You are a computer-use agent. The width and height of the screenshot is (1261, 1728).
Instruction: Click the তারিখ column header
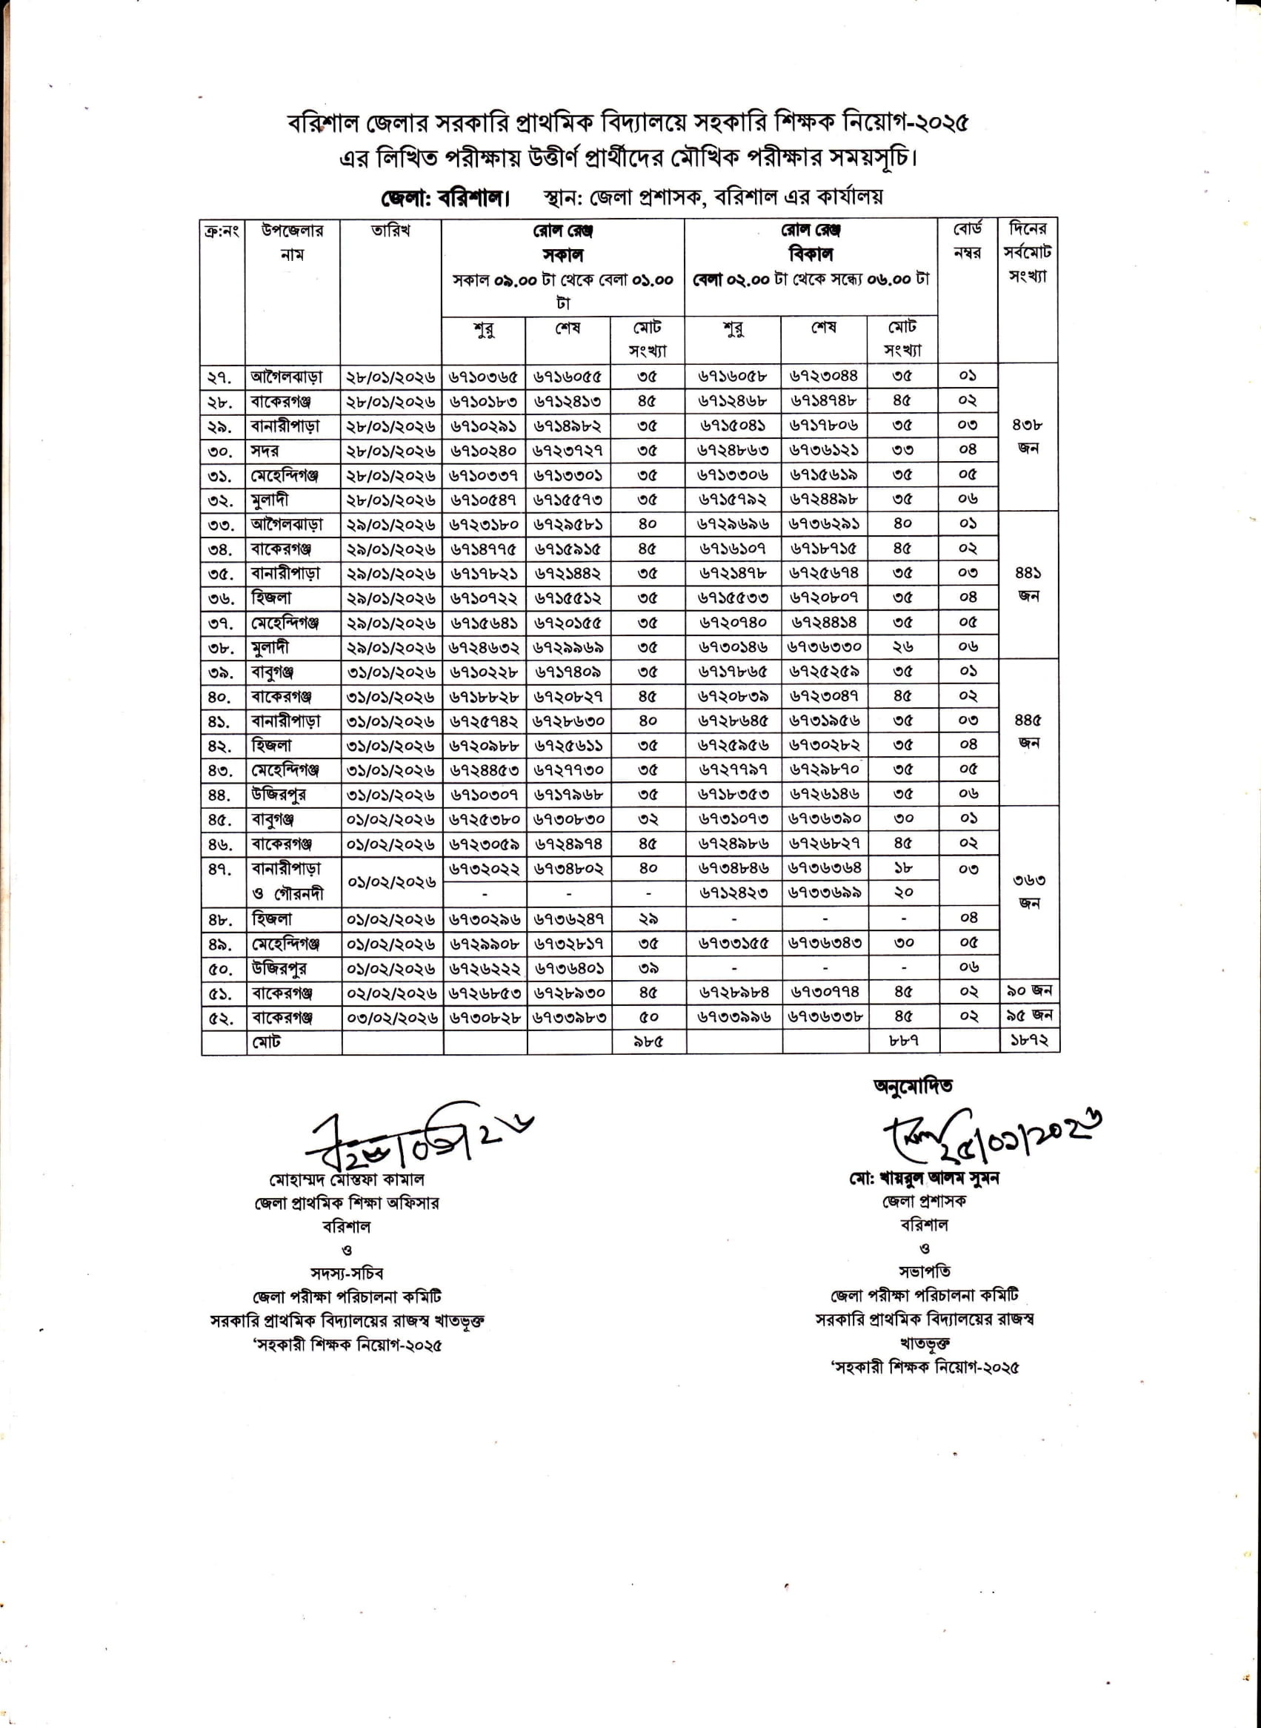(390, 231)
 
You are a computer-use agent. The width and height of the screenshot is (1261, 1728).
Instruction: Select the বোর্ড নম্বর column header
(967, 240)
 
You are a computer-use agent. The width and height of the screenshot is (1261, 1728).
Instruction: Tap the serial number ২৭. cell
(222, 377)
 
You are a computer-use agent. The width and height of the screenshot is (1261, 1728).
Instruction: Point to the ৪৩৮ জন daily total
(1028, 436)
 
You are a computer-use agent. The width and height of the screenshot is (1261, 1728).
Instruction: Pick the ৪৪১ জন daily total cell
(1028, 584)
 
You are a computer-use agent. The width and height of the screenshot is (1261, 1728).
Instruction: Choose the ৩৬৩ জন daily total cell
(1029, 891)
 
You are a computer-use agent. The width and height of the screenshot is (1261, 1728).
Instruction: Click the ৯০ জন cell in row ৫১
(1029, 991)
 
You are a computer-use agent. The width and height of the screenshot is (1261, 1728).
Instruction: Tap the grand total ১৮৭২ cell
(1029, 1041)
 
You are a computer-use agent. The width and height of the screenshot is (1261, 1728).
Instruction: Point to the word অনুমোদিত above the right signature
(913, 1085)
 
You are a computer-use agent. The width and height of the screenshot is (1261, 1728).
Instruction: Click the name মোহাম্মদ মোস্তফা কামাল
(347, 1179)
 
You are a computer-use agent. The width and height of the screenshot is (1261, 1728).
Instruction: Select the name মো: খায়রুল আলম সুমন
(924, 1178)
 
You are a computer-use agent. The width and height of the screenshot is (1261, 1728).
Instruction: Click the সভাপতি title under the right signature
(924, 1272)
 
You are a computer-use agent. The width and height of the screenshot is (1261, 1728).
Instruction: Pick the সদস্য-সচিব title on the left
(347, 1274)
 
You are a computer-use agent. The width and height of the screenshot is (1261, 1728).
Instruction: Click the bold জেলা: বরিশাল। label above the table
(445, 199)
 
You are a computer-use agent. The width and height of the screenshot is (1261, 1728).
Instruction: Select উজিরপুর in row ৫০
(279, 968)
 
